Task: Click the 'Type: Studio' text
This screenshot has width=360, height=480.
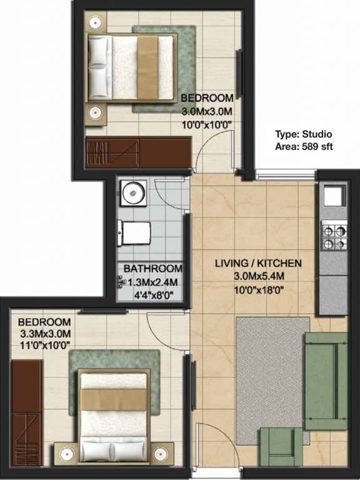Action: click(x=304, y=134)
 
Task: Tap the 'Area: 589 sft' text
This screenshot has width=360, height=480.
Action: click(x=304, y=146)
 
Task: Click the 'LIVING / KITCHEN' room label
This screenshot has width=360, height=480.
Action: click(x=258, y=264)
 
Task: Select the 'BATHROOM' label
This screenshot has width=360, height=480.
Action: click(x=152, y=269)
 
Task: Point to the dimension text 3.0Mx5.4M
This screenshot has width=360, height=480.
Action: click(x=258, y=276)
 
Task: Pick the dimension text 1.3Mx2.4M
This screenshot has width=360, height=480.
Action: click(x=154, y=282)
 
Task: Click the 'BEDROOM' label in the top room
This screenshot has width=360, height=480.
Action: click(x=207, y=99)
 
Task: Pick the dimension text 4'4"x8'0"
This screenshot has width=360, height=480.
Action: click(x=154, y=294)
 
